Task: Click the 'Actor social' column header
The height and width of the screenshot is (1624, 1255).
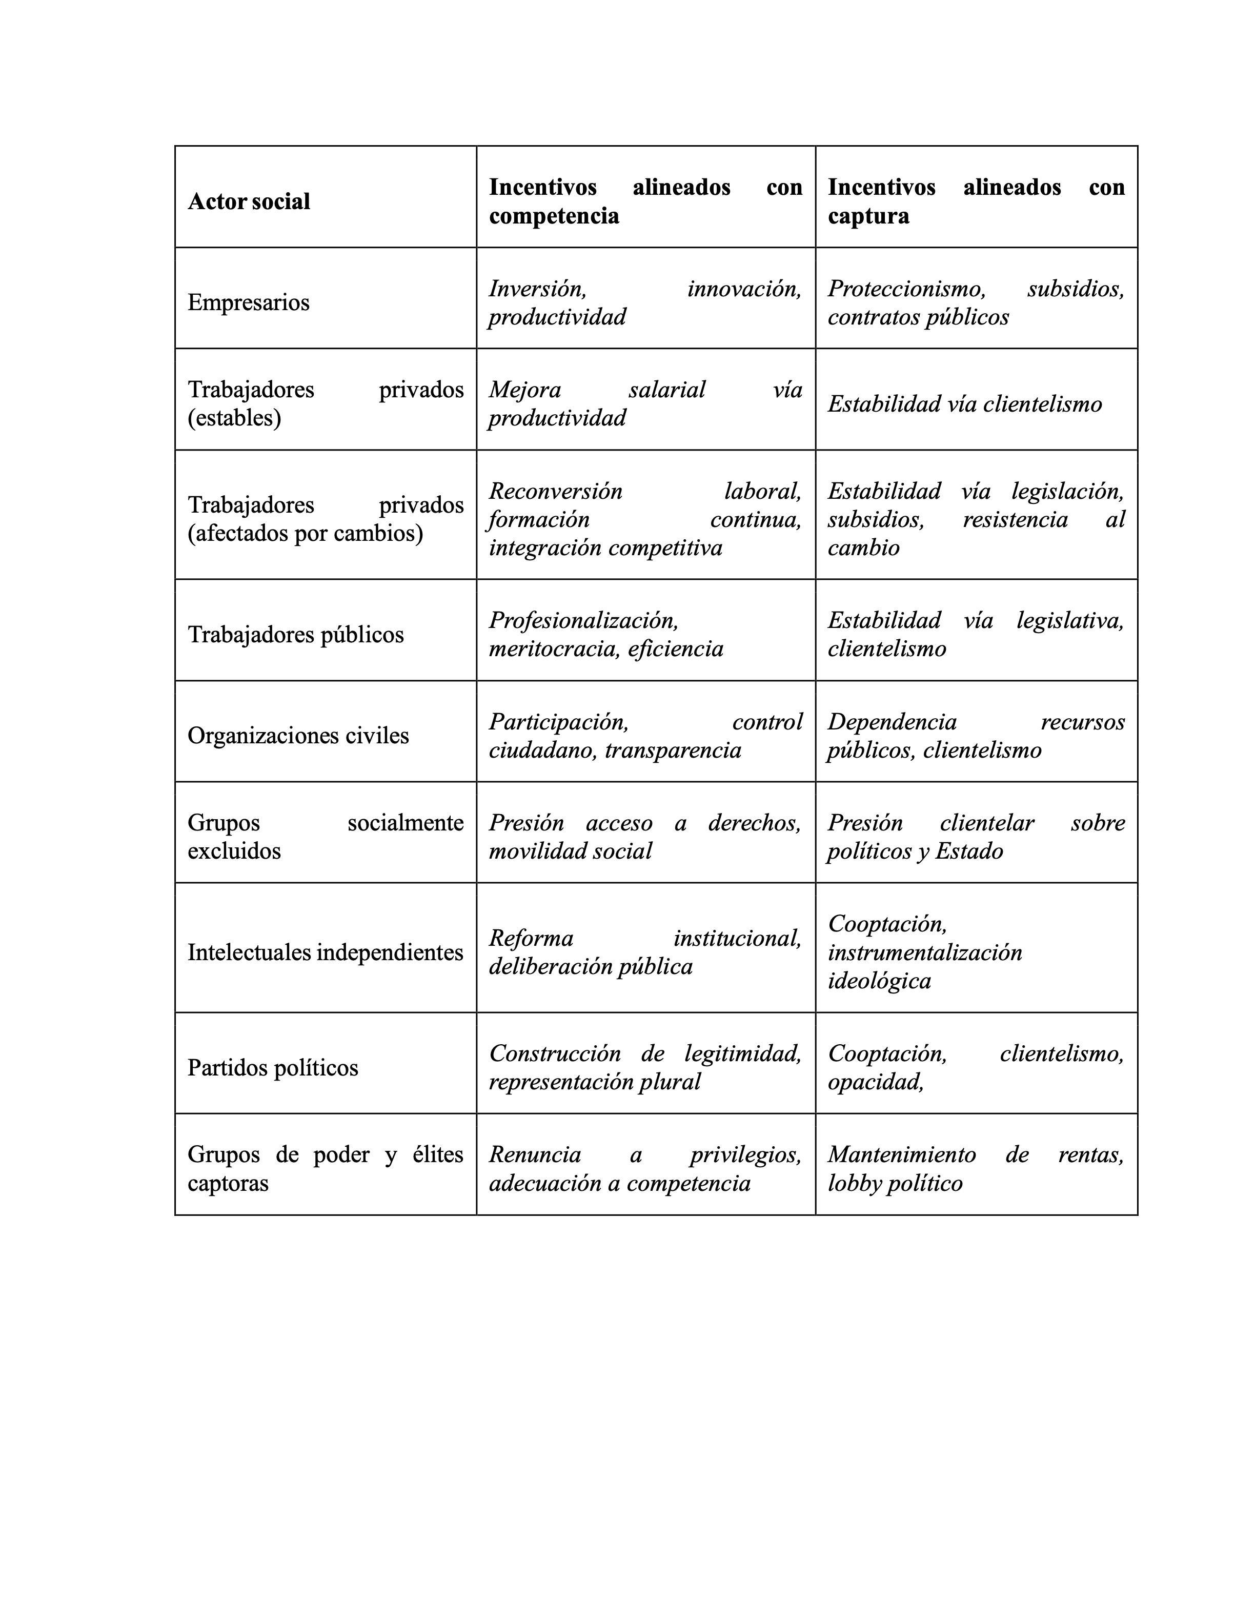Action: tap(248, 201)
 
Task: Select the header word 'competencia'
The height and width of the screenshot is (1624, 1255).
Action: tap(553, 216)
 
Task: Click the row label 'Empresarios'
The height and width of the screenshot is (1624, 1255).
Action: tap(248, 302)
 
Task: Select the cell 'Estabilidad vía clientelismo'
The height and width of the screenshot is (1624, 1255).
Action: tap(964, 404)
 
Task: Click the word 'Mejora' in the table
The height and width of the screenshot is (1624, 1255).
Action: tap(525, 390)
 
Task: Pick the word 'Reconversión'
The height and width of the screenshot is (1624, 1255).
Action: tap(555, 491)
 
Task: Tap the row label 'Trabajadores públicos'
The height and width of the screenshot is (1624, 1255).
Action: tap(295, 634)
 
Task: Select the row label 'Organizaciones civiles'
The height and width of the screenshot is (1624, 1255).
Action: tap(298, 736)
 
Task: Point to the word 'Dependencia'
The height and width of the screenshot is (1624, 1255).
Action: tap(892, 721)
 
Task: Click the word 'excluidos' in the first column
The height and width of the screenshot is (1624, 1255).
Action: tap(234, 850)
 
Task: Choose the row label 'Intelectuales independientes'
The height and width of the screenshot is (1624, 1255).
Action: tap(325, 952)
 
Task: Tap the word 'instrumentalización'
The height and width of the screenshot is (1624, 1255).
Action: tap(925, 952)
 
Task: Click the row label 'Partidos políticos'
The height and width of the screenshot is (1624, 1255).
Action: tap(273, 1068)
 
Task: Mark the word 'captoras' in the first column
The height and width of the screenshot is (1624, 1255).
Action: tap(228, 1183)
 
